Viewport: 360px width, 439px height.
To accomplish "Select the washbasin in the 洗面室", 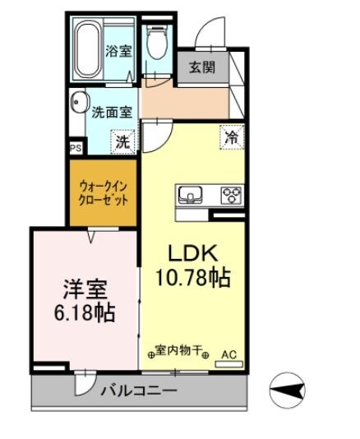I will [x=78, y=104].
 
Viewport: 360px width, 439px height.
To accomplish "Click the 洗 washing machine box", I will [x=122, y=141].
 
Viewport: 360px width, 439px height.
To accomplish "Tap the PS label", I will [x=75, y=149].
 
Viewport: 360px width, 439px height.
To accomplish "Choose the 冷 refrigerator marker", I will [x=232, y=137].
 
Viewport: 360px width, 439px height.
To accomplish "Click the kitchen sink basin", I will [x=192, y=195].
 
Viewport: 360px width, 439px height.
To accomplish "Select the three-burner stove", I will [x=231, y=195].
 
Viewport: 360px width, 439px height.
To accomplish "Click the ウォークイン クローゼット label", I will [x=103, y=192].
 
